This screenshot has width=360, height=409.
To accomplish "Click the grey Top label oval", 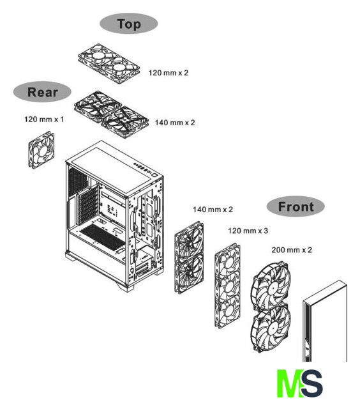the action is point(129,24).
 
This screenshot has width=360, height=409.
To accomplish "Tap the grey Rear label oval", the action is point(42,92).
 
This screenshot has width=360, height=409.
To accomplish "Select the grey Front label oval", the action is point(296,206).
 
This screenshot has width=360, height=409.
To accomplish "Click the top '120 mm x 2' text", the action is point(169,73).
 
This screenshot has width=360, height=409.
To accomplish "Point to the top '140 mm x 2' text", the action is point(175,123).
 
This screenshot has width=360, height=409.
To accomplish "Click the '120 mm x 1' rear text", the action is point(44,120).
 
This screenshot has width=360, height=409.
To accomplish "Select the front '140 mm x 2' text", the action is point(213,210).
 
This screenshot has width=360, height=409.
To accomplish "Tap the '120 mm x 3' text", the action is point(248,231).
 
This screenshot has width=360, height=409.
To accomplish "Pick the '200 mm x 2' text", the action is point(292,250).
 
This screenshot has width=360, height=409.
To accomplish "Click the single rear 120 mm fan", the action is point(41,150).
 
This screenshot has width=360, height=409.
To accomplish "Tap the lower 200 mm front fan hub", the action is point(273,329).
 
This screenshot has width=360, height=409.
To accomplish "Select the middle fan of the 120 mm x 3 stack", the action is point(228,286).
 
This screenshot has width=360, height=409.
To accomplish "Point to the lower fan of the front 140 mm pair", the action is point(189,274).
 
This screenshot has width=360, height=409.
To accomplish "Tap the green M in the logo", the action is point(289,383).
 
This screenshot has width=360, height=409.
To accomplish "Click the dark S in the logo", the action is point(312,383).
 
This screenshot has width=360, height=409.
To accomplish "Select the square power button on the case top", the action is point(154,174).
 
